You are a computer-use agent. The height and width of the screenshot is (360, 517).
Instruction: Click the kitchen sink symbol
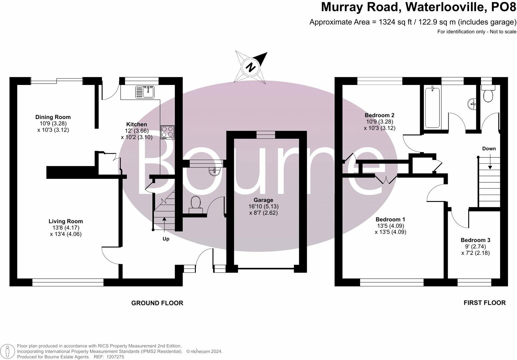[144, 92]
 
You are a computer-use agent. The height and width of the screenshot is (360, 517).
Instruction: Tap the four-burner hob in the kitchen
[167, 132]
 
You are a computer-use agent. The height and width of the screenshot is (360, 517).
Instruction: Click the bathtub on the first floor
[432, 107]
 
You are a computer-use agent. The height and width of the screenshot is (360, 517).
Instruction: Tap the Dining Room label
[53, 117]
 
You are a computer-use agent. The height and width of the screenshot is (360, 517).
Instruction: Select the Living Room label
[66, 221]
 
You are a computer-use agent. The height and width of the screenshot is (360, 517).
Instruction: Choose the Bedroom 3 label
[475, 240]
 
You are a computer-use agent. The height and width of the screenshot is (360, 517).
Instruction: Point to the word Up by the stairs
[166, 239]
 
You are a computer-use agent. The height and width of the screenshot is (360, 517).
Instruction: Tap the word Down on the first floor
[489, 149]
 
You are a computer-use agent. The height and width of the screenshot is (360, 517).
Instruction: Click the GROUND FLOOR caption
[157, 303]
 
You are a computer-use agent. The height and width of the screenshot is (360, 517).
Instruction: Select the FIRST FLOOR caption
[484, 303]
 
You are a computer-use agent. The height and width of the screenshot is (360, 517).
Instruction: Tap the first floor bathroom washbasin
[472, 104]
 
